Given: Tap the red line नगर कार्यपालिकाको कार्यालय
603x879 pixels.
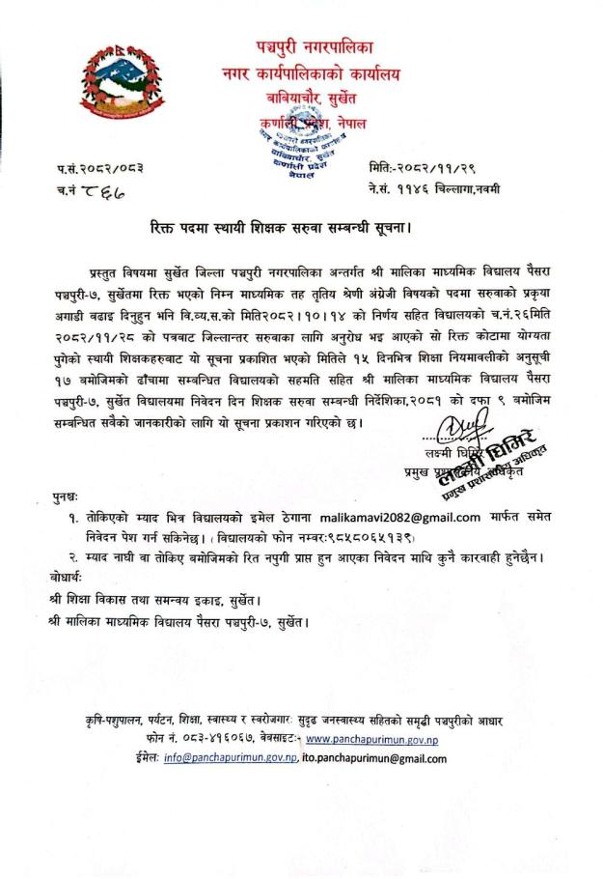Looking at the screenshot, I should (311, 72).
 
